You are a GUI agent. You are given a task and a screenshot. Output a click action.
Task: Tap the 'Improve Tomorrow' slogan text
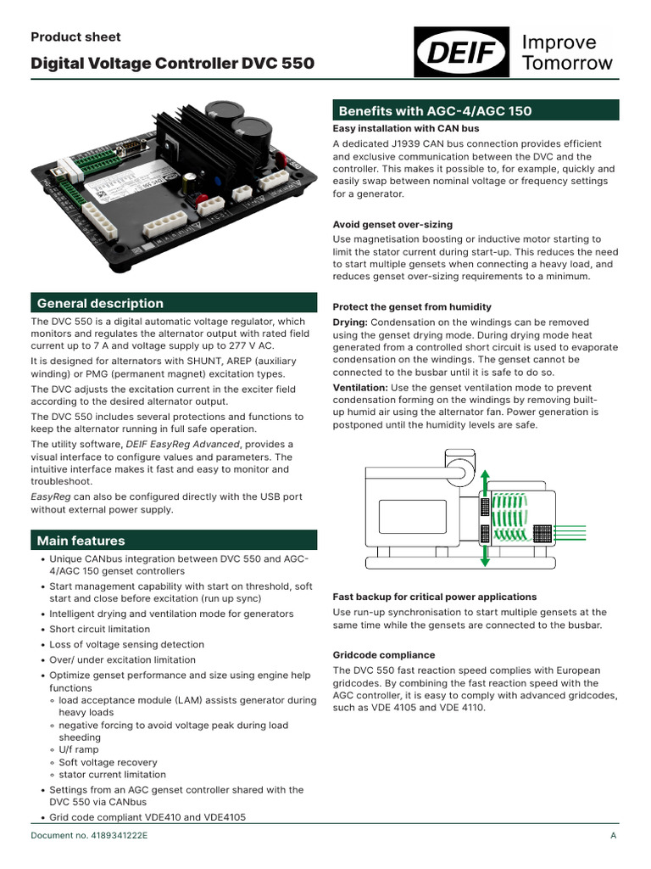pyautogui.click(x=567, y=53)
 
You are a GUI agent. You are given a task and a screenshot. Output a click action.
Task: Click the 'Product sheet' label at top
pyautogui.click(x=75, y=36)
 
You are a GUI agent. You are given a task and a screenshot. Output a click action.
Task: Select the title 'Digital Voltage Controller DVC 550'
pyautogui.click(x=172, y=64)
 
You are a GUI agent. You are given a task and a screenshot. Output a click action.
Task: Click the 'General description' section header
pyautogui.click(x=100, y=303)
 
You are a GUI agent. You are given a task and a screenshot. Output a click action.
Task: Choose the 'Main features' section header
pyautogui.click(x=81, y=541)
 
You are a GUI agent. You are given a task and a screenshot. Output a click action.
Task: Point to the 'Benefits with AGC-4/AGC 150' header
pyautogui.click(x=435, y=110)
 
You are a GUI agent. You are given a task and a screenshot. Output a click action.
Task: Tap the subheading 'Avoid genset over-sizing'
pyautogui.click(x=392, y=224)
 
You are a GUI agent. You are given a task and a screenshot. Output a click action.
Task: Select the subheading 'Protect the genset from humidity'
pyautogui.click(x=412, y=306)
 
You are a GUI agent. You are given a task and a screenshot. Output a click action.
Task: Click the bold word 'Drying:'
pyautogui.click(x=350, y=322)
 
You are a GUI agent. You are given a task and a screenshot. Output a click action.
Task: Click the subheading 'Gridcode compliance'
pyautogui.click(x=384, y=655)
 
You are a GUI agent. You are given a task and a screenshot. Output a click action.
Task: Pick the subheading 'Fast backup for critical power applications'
pyautogui.click(x=434, y=597)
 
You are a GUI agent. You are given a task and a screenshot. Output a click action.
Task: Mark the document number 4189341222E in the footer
pyautogui.click(x=89, y=837)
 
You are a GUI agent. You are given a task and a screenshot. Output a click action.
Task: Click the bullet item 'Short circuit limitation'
pyautogui.click(x=99, y=629)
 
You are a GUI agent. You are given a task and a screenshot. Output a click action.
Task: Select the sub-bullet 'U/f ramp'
pyautogui.click(x=79, y=749)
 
